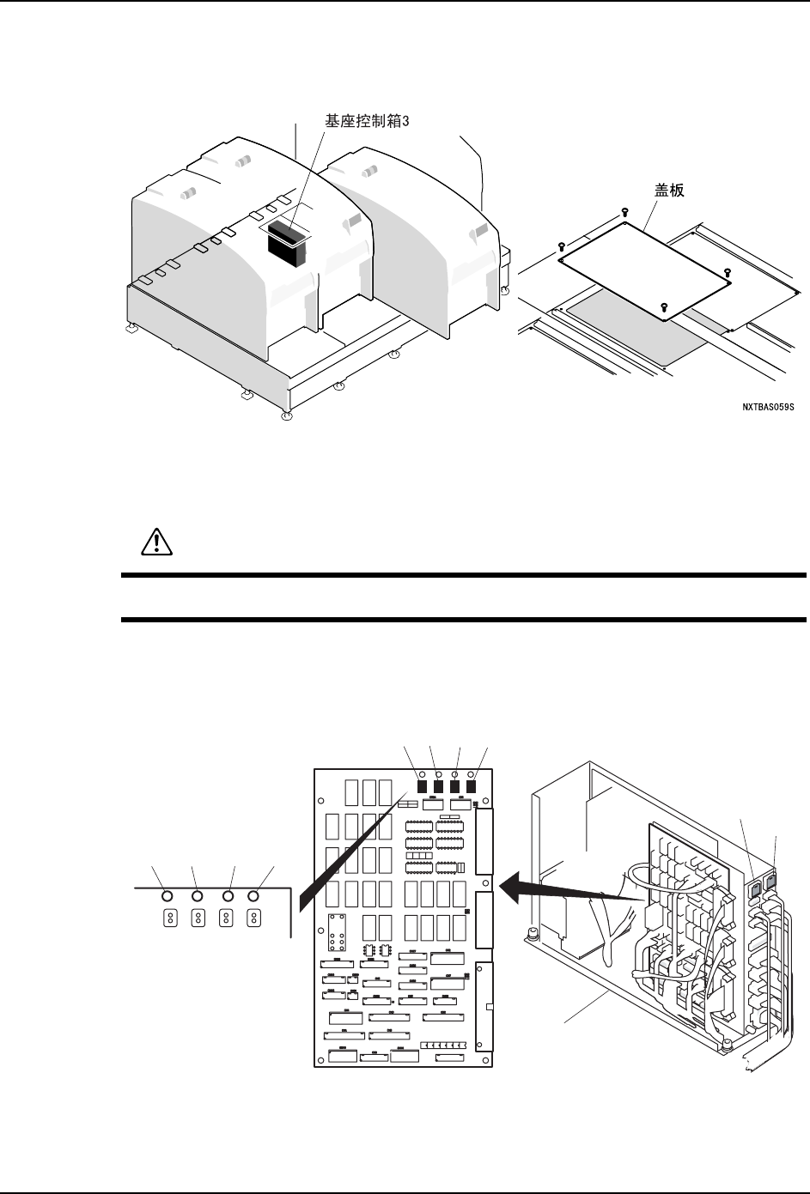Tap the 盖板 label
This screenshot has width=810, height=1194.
click(665, 190)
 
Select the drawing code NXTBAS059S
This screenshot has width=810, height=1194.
click(770, 409)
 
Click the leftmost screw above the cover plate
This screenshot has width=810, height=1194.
click(561, 245)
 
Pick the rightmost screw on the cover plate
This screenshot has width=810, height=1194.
click(728, 272)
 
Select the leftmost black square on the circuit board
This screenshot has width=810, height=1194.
click(423, 785)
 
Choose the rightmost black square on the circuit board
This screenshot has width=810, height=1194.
click(471, 785)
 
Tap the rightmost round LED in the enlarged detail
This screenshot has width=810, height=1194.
click(253, 896)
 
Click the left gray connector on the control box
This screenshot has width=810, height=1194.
click(755, 885)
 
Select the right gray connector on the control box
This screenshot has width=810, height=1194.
click(771, 881)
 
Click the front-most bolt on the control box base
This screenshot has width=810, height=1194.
click(726, 1046)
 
